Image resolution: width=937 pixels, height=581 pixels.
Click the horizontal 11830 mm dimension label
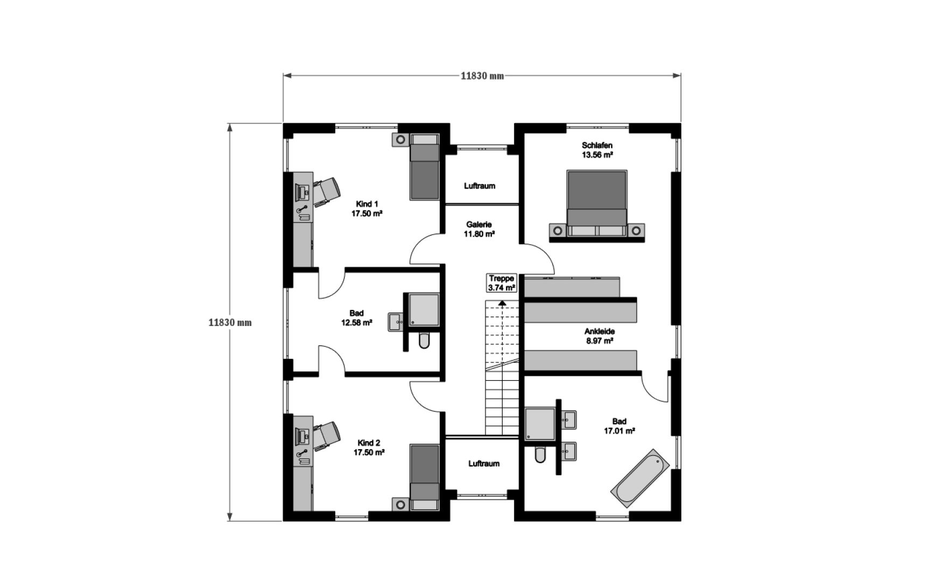pos(482,76)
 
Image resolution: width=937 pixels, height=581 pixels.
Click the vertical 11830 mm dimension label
pos(230,323)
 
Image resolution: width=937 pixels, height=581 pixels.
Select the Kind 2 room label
pos(368,448)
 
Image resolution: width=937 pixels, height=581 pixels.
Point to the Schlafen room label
pos(597,150)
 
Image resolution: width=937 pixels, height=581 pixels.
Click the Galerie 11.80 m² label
pos(479,229)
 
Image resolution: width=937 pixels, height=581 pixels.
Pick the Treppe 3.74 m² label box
pos(502,283)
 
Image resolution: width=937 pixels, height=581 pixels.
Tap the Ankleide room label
pos(600,336)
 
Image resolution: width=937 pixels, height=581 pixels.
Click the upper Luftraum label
pos(480,186)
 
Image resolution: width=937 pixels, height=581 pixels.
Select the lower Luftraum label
pos(483,463)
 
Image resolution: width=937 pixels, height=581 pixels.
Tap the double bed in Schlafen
pos(597,203)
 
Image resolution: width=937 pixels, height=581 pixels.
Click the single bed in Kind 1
pos(425,167)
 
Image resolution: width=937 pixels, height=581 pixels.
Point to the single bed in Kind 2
pos(425,477)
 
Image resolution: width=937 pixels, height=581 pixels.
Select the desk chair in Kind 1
pos(326,191)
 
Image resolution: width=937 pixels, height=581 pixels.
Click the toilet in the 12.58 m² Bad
pos(424,341)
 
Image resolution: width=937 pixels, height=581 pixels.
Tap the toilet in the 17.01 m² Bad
pos(540,455)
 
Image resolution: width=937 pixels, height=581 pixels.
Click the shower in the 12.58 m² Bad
pos(424,310)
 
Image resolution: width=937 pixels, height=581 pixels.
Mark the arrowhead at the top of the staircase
pos(502,303)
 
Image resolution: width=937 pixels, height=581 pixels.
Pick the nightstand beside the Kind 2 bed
pos(400,504)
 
